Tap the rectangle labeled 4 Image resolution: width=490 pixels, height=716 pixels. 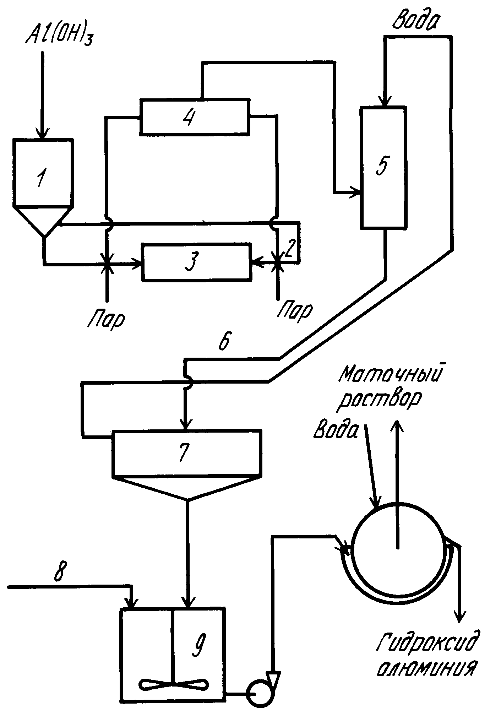pyautogui.click(x=195, y=116)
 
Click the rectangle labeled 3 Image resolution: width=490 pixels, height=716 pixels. pyautogui.click(x=197, y=262)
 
